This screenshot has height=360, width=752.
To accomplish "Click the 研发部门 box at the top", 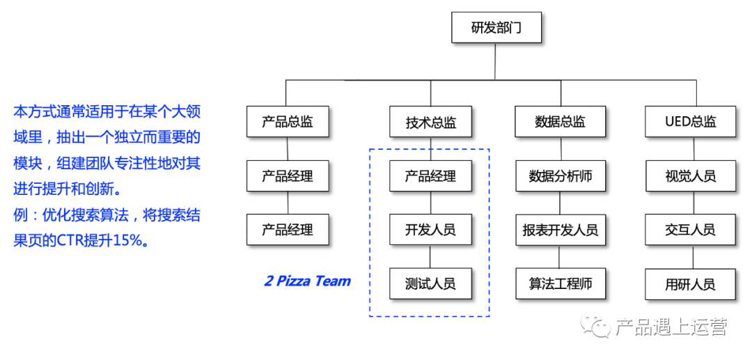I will click(495, 29).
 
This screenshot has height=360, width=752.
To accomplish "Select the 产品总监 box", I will click(288, 122).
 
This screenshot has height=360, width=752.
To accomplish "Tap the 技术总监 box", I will click(430, 123).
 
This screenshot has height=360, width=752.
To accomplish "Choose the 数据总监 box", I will click(561, 122).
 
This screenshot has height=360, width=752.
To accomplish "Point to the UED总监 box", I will click(690, 122).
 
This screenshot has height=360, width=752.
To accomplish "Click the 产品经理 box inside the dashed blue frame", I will click(430, 176).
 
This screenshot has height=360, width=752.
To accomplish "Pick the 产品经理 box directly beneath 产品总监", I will click(288, 176).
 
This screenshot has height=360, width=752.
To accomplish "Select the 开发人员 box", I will click(430, 230).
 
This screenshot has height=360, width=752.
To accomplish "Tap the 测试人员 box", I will click(430, 284).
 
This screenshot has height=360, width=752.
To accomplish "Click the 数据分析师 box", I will click(561, 176).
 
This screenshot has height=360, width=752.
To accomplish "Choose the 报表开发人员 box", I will click(561, 230).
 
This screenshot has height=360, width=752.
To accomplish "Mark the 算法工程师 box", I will click(561, 284).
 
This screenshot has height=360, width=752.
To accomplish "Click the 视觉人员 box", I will click(690, 176).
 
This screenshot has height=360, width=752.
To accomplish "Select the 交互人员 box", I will click(690, 230).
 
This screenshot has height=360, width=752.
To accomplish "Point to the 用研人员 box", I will click(690, 284).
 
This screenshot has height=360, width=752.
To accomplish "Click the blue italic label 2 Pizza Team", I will click(307, 281).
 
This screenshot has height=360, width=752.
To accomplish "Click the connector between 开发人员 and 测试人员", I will click(430, 257).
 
